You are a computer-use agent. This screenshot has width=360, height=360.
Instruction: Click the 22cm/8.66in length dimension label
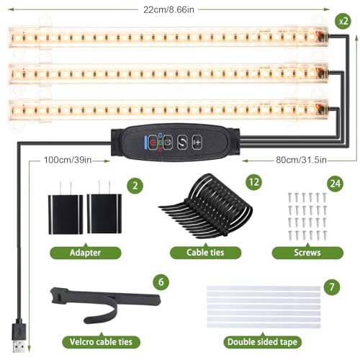(x=168, y=9)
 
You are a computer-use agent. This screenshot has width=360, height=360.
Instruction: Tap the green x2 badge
(x=343, y=21)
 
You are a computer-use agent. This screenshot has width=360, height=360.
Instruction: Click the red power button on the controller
(x=153, y=143)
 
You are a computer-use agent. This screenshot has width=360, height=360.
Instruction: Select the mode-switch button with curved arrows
(x=182, y=143)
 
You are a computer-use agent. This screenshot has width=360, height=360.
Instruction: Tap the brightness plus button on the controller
(x=197, y=143)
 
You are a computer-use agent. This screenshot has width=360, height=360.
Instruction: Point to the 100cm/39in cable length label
(x=68, y=160)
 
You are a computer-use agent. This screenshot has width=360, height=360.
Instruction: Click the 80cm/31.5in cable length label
(x=301, y=160)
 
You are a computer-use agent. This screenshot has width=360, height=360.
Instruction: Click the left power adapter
(x=66, y=210)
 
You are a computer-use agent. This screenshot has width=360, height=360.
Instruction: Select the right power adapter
(x=104, y=210)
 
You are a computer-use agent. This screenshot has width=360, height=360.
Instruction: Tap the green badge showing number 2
(x=135, y=186)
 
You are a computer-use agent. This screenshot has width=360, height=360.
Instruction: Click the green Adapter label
(x=86, y=253)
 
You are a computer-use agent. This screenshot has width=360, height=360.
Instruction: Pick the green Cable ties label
(x=205, y=252)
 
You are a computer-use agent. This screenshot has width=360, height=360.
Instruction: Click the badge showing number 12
(x=254, y=182)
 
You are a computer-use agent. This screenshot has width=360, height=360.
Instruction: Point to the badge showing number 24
(x=336, y=184)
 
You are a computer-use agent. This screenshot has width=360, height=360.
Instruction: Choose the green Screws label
(x=307, y=253)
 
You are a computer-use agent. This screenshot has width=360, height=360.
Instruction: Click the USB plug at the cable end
(x=19, y=336)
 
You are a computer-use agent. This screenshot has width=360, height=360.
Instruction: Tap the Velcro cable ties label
(x=101, y=342)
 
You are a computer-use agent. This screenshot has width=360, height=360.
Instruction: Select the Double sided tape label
(x=262, y=342)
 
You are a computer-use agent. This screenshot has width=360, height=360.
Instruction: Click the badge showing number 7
(x=332, y=287)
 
